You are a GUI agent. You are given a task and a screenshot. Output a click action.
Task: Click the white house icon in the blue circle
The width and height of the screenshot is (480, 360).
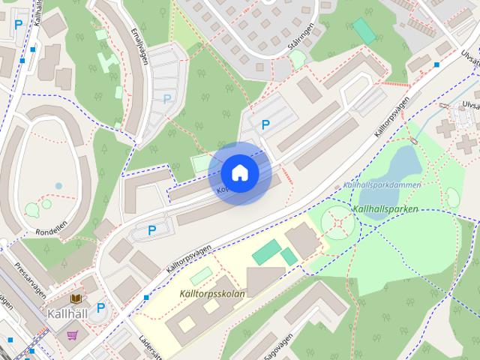click(239, 172)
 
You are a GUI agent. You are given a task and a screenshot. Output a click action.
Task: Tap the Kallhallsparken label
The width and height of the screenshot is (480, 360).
click(385, 209)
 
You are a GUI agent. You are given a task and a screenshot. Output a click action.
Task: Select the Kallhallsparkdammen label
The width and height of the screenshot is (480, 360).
click(381, 184)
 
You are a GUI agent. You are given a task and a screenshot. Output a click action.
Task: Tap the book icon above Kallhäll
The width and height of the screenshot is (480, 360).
click(75, 298)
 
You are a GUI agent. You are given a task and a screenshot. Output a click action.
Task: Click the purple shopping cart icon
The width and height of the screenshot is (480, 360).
click(72, 335)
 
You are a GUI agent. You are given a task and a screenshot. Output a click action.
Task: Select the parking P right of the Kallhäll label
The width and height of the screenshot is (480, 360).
click(101, 307)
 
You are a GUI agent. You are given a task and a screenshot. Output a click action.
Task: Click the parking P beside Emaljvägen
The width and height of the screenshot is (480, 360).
click(166, 98)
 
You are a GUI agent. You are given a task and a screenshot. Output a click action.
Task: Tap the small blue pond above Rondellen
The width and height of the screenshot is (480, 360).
click(58, 185)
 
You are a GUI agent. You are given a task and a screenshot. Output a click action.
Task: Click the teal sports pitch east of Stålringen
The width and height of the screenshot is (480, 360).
click(364, 30)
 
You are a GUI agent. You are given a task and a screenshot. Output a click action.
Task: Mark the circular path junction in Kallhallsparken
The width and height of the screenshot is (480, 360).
click(339, 222)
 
